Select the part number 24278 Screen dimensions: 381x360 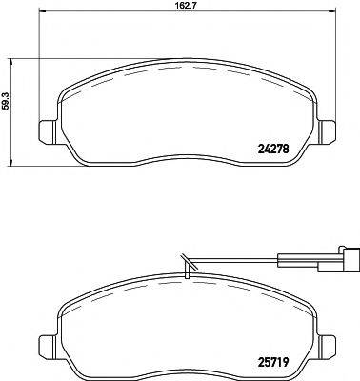point(274,147)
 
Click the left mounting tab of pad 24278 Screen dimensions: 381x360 point(45,131)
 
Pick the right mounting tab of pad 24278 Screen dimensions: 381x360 point(330,131)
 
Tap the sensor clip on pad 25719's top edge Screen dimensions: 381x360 point(187,271)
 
